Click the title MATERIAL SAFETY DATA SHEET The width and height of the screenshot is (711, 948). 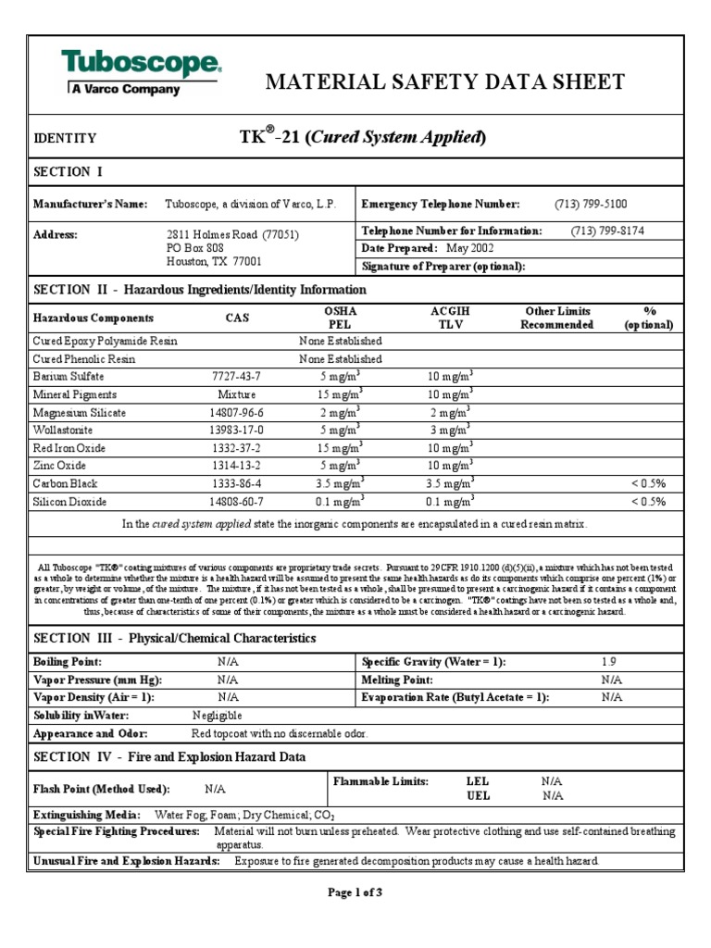point(445,82)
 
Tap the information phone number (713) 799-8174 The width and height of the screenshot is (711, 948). point(607,231)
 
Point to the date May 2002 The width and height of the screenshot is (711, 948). point(469,248)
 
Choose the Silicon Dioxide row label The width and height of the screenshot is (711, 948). point(70,501)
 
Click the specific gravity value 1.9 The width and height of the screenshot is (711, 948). point(607,662)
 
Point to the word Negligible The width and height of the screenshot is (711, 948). point(217,716)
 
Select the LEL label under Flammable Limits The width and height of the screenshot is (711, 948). point(479,781)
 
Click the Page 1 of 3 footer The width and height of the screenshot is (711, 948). point(355,892)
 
